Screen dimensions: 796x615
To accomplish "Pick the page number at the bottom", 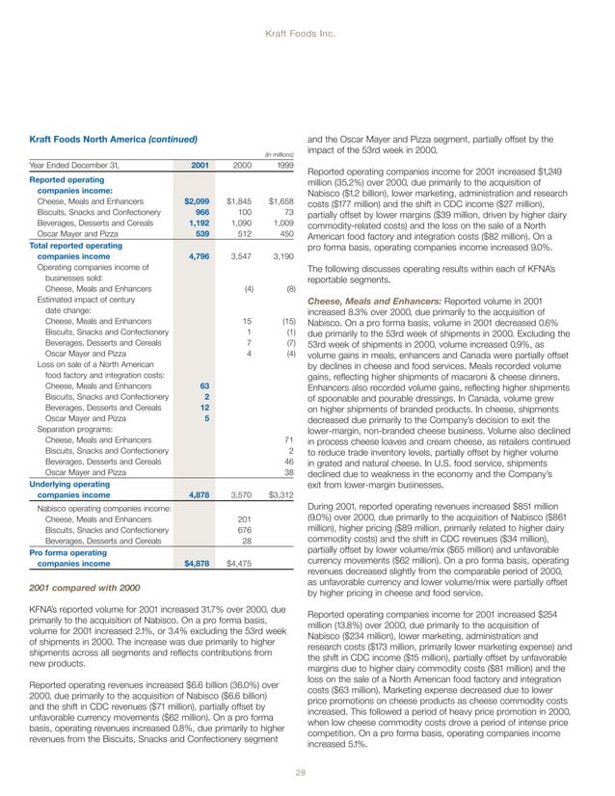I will (307, 770).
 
